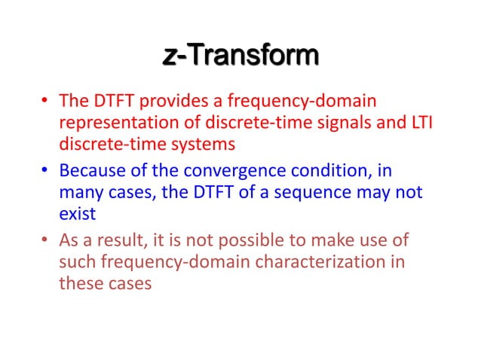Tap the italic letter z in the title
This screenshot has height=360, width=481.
tap(170, 57)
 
